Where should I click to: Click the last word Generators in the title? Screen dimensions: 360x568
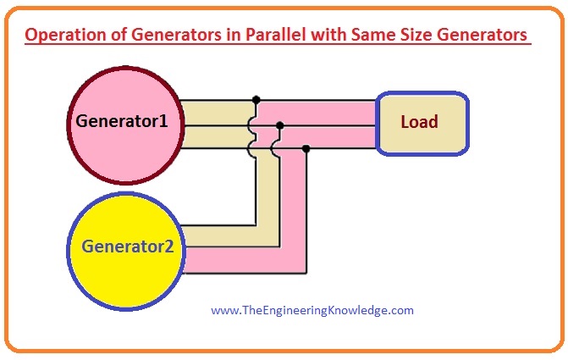pos(478,36)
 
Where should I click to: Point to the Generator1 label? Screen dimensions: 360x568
pos(122,121)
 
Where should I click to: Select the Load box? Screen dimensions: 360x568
pos(419,123)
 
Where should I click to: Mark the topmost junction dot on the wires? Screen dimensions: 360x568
pos(256,100)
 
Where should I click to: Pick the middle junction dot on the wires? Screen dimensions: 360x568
pos(280,125)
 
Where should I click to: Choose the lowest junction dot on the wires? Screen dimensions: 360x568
pos(306,149)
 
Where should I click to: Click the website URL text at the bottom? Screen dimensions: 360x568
pos(312,310)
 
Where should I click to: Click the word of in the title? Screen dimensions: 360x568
pos(114,36)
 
